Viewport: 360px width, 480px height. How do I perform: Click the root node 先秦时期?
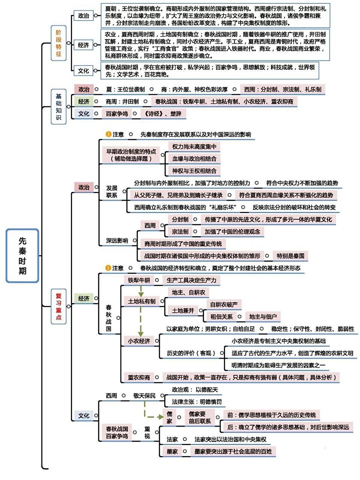[22, 256]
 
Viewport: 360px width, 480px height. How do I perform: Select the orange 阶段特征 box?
[58, 45]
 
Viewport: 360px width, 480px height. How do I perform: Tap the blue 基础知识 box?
[58, 107]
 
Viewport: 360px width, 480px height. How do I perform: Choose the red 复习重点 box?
[58, 306]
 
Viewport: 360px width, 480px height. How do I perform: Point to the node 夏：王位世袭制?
[125, 89]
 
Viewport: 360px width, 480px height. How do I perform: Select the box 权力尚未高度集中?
[194, 147]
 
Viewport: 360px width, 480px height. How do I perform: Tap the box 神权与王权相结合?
[194, 171]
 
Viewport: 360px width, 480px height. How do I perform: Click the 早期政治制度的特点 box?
[131, 155]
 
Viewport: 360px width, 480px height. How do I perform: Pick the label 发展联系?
[111, 192]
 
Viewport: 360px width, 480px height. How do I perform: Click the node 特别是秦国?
[290, 256]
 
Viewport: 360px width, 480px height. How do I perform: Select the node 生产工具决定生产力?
[191, 280]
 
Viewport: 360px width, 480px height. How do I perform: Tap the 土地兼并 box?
[183, 310]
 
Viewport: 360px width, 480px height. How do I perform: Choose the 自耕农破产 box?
[223, 304]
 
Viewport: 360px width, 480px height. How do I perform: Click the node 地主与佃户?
[263, 316]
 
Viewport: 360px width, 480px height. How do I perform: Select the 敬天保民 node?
[144, 396]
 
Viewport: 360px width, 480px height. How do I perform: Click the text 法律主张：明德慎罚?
[196, 402]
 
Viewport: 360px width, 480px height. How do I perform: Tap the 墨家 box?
[172, 451]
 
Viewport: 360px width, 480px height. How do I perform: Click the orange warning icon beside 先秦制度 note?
[108, 134]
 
